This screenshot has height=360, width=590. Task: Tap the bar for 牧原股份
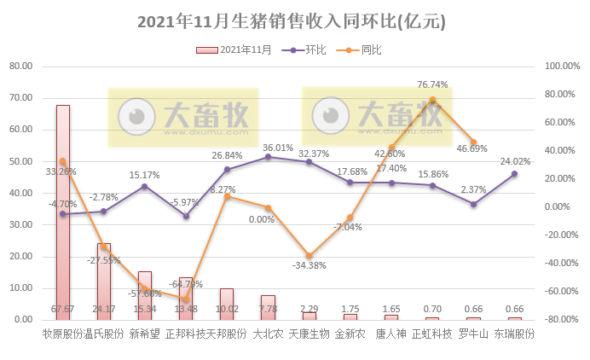(x=63, y=213)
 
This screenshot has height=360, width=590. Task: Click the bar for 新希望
(x=145, y=295)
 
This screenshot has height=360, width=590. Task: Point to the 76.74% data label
(x=432, y=85)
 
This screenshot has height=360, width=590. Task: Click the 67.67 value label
(x=63, y=309)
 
